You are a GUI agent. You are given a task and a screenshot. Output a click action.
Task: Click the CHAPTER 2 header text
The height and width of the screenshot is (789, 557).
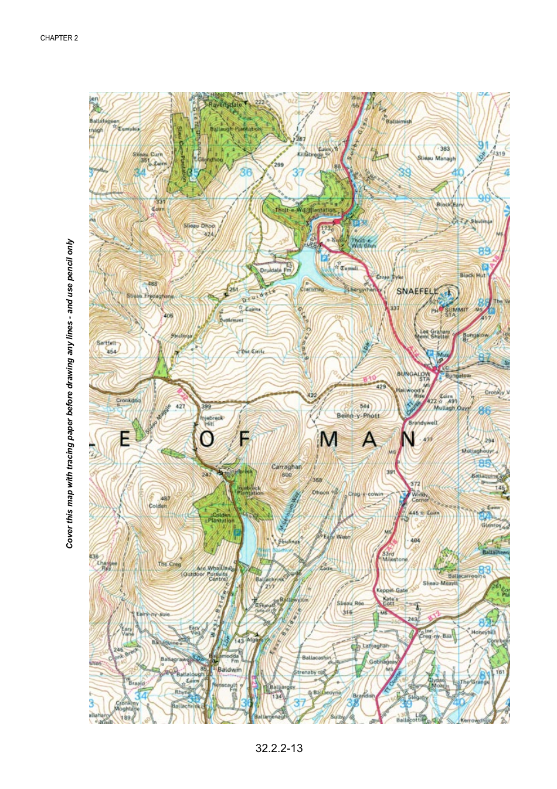[x=59, y=38]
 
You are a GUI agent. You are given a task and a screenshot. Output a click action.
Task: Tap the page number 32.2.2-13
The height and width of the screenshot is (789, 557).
[x=279, y=748]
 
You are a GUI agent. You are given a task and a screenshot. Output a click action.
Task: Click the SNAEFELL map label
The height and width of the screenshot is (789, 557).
[x=417, y=291]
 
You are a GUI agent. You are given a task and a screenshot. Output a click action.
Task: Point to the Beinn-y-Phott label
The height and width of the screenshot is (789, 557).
[x=358, y=415]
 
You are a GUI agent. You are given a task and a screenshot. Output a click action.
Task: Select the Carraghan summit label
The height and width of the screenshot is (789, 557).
[x=287, y=467]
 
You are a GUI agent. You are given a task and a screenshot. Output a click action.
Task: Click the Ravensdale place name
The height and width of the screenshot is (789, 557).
[x=225, y=104]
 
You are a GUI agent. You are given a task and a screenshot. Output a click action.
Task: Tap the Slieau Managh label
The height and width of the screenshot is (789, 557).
[x=436, y=158]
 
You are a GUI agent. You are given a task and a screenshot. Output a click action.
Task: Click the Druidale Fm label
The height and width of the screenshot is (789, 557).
[x=275, y=270]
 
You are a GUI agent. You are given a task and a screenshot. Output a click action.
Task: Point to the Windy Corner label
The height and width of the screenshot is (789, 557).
[x=419, y=497]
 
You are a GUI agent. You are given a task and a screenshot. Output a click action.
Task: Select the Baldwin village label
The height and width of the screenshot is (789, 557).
[x=229, y=669]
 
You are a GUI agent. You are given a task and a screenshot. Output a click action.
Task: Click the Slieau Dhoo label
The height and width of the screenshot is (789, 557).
[x=199, y=225]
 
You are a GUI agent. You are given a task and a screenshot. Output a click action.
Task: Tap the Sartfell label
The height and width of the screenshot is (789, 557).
[x=106, y=343]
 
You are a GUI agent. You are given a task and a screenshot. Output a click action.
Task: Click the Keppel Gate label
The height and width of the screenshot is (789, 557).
[x=392, y=590]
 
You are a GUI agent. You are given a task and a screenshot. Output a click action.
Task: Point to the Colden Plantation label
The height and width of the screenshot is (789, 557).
[x=222, y=517]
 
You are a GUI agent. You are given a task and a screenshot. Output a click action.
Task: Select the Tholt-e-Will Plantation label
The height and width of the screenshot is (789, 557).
[x=305, y=209]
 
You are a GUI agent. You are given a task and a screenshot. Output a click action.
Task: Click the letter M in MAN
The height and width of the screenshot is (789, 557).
[x=329, y=440]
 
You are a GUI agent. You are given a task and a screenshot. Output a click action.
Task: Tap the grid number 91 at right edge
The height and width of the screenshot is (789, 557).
[x=483, y=145]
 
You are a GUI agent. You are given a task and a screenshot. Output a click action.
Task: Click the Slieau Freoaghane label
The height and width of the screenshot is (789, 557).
[x=150, y=296]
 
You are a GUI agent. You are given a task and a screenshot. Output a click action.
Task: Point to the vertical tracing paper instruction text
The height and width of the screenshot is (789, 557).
[x=70, y=393]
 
